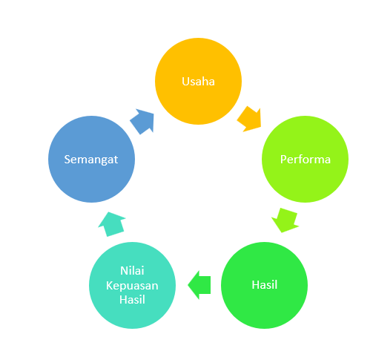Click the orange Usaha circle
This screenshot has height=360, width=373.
[198, 81]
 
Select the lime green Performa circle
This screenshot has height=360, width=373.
[305, 159]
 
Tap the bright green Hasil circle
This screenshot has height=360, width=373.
[264, 285]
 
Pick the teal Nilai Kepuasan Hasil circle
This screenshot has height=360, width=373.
[132, 285]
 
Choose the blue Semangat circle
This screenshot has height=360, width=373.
[91, 159]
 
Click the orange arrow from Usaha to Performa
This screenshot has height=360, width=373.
[250, 120]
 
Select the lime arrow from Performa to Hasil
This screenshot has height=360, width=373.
[285, 220]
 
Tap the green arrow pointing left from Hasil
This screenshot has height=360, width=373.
[199, 285]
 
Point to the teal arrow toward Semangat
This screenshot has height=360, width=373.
[112, 224]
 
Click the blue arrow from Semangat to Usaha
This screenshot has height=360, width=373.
[142, 122]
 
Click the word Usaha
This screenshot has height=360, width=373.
[198, 82]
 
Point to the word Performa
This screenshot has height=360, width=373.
[306, 160]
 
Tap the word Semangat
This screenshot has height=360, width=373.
[91, 160]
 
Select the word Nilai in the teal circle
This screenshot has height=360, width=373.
[132, 271]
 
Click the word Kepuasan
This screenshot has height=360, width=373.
[132, 286]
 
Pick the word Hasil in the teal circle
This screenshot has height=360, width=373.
[132, 300]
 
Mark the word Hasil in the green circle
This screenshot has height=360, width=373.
[265, 285]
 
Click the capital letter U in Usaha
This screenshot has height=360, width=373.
[185, 82]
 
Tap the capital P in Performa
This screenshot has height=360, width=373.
[283, 160]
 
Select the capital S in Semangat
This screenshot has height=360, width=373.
[67, 160]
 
